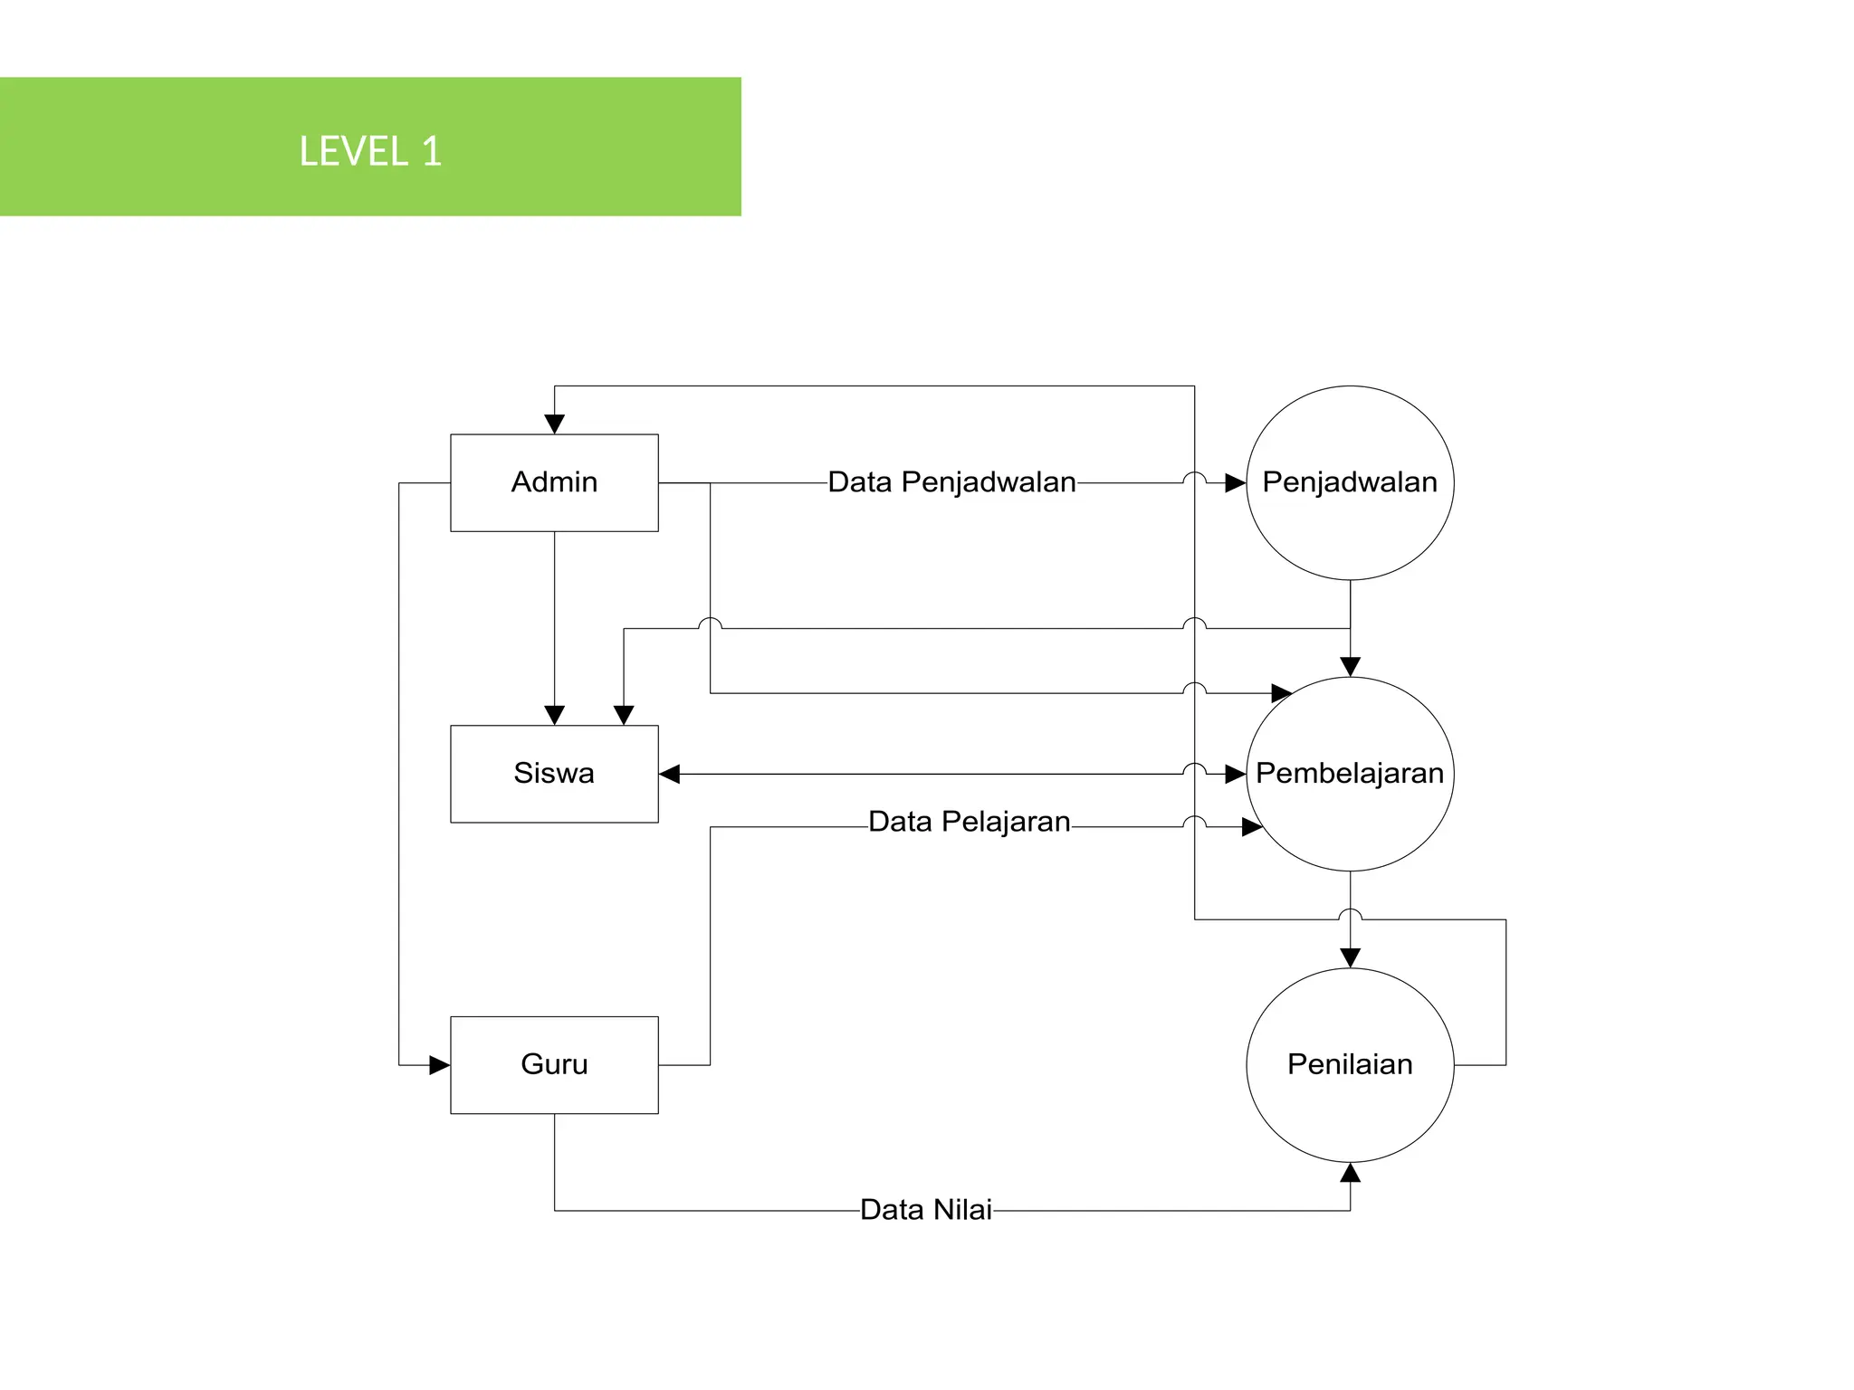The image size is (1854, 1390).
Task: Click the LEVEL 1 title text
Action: tap(370, 150)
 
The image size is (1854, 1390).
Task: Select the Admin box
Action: tap(554, 482)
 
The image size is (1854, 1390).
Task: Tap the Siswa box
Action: tap(554, 774)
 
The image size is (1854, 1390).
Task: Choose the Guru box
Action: tap(554, 1064)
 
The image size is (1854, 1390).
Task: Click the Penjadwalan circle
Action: tap(1350, 482)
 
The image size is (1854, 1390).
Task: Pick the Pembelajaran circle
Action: tap(1350, 774)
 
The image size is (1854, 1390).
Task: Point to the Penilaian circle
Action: tap(1350, 1064)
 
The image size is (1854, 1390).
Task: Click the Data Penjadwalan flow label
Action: tap(951, 482)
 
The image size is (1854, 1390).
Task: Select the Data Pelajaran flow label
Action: tap(969, 822)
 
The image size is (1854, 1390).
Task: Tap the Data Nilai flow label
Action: tap(925, 1210)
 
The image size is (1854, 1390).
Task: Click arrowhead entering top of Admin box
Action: tap(554, 424)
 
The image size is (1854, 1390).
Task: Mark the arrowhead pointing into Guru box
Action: tap(440, 1065)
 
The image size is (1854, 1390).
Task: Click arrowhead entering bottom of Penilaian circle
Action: tap(1350, 1174)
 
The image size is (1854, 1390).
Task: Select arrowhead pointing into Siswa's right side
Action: tap(670, 774)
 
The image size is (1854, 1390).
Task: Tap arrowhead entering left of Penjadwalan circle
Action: tap(1236, 483)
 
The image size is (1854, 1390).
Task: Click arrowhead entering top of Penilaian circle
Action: tap(1350, 958)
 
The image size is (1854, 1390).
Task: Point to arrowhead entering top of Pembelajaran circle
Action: tap(1350, 667)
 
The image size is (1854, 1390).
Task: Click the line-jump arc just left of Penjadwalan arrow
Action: tap(1194, 477)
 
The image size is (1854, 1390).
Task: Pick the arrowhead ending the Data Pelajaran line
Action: tap(1252, 827)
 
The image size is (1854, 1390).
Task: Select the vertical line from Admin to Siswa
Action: tap(554, 624)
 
